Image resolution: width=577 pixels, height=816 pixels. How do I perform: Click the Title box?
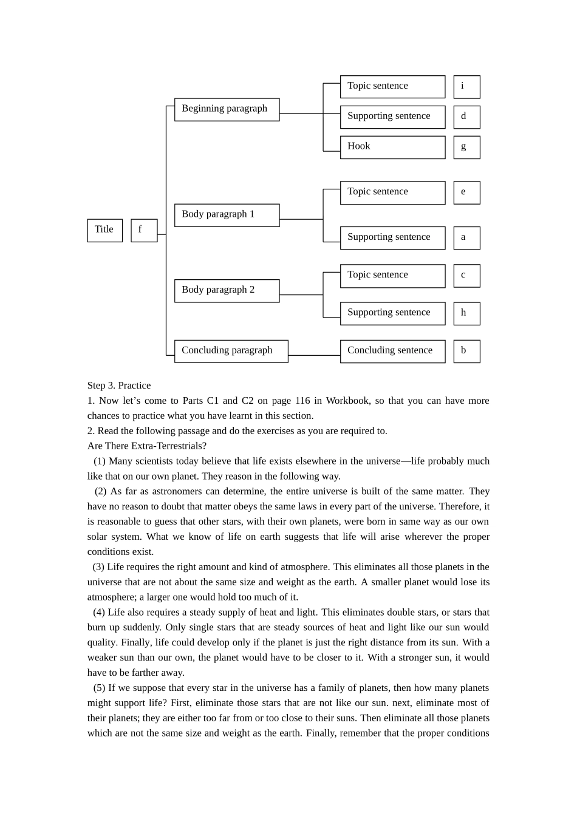coord(104,230)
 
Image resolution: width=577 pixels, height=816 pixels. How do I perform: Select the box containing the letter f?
coord(144,230)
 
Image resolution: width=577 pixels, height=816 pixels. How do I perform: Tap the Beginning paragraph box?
coord(227,109)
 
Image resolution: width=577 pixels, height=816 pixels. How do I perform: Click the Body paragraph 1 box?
coord(227,215)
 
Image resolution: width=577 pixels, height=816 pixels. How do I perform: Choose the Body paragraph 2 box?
coord(227,290)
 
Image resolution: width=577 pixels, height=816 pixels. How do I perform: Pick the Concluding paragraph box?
coord(231,351)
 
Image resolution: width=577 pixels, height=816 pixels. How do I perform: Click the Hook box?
coord(392,147)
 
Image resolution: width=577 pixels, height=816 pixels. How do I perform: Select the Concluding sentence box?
coord(392,351)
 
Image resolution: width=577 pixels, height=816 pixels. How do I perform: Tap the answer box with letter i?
coord(466,87)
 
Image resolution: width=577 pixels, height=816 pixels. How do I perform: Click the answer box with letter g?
coord(466,147)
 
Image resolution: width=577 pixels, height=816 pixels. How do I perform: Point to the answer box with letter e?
coord(466,192)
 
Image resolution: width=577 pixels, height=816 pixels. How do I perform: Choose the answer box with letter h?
coord(466,313)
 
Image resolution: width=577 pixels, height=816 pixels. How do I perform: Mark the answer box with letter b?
coord(466,351)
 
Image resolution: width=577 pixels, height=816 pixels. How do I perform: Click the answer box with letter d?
coord(466,117)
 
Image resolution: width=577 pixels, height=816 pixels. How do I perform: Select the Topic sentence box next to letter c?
coord(392,276)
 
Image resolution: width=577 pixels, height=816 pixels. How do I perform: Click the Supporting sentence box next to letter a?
coord(392,237)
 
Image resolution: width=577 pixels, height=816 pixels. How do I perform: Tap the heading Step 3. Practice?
coord(119,386)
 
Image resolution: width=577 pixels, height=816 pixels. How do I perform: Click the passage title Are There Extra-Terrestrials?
coord(146,446)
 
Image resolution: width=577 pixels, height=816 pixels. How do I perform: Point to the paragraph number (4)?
coord(99,612)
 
